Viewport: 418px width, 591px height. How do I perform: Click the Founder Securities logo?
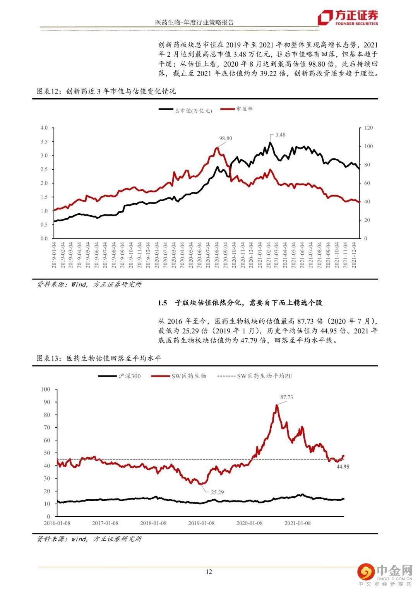(348, 18)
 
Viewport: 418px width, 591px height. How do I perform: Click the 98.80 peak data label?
(226, 138)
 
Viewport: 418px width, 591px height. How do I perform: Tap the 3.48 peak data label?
(280, 135)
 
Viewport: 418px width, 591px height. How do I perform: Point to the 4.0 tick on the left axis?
(44, 128)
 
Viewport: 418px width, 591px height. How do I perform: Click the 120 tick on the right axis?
(368, 128)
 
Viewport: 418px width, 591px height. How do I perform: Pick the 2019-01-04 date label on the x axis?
(55, 255)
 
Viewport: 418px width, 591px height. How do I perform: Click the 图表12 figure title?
(106, 91)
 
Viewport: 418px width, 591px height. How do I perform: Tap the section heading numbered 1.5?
(240, 303)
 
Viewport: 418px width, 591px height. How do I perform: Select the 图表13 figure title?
(99, 358)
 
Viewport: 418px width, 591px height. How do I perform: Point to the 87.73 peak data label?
(286, 397)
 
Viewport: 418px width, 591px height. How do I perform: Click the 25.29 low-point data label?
(217, 492)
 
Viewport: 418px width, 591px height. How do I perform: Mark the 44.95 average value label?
(343, 467)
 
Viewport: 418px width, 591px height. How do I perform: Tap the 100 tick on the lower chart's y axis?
(46, 389)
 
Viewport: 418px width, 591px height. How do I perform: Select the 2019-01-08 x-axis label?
(201, 523)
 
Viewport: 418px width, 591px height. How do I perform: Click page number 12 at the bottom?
(209, 572)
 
